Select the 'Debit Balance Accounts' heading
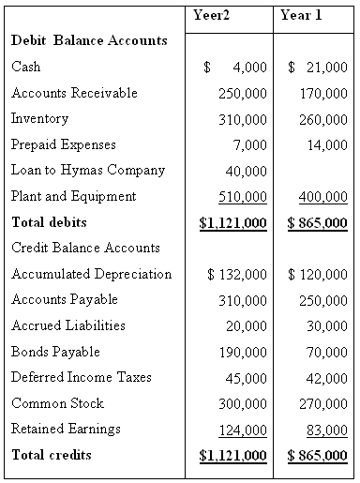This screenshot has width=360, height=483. [x=89, y=41]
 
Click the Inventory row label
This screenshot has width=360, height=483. [x=39, y=119]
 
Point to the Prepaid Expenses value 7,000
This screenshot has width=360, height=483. [x=249, y=145]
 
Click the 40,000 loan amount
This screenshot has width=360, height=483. [x=246, y=172]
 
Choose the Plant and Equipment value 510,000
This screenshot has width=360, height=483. [x=242, y=197]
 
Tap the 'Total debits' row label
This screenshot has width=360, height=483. [x=49, y=223]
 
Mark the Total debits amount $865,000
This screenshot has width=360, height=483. [x=318, y=223]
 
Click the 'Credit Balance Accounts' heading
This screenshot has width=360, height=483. [x=85, y=249]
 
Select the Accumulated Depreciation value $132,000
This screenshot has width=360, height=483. [x=236, y=275]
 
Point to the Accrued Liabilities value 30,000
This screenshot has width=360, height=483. [x=327, y=326]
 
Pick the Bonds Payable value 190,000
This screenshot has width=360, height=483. [x=242, y=353]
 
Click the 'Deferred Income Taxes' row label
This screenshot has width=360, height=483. [x=82, y=378]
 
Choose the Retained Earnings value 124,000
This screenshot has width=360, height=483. [x=242, y=430]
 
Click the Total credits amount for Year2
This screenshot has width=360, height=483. [x=233, y=456]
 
